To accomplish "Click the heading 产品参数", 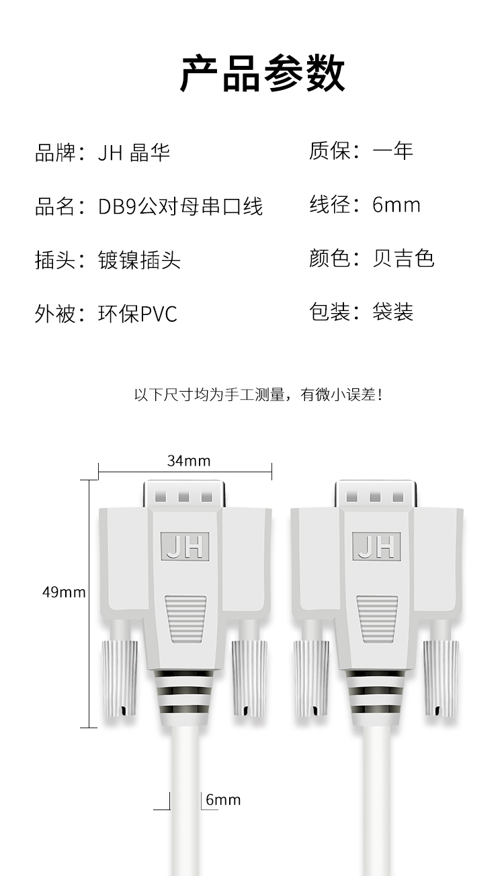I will (x=262, y=74).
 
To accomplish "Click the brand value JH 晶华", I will (x=134, y=152).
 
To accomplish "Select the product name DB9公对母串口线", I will (x=180, y=206).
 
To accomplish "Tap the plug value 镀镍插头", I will (x=139, y=260).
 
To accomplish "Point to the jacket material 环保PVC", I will (x=138, y=314).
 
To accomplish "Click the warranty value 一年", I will (x=392, y=151).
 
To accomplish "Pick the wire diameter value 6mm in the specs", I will (x=396, y=205).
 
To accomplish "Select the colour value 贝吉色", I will (x=403, y=259).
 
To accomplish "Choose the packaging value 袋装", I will (x=392, y=312).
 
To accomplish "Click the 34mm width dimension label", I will (x=189, y=461).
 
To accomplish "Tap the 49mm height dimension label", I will (x=64, y=592).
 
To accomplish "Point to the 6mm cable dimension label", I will (x=223, y=800).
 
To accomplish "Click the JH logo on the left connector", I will (x=185, y=546).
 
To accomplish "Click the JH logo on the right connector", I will (x=376, y=546).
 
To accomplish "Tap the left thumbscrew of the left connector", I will (x=120, y=678).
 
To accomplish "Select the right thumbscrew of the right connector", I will (x=442, y=678).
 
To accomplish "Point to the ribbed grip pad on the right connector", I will (x=377, y=618).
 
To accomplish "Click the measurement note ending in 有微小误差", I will (x=258, y=395).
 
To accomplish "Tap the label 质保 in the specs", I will (x=329, y=151).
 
